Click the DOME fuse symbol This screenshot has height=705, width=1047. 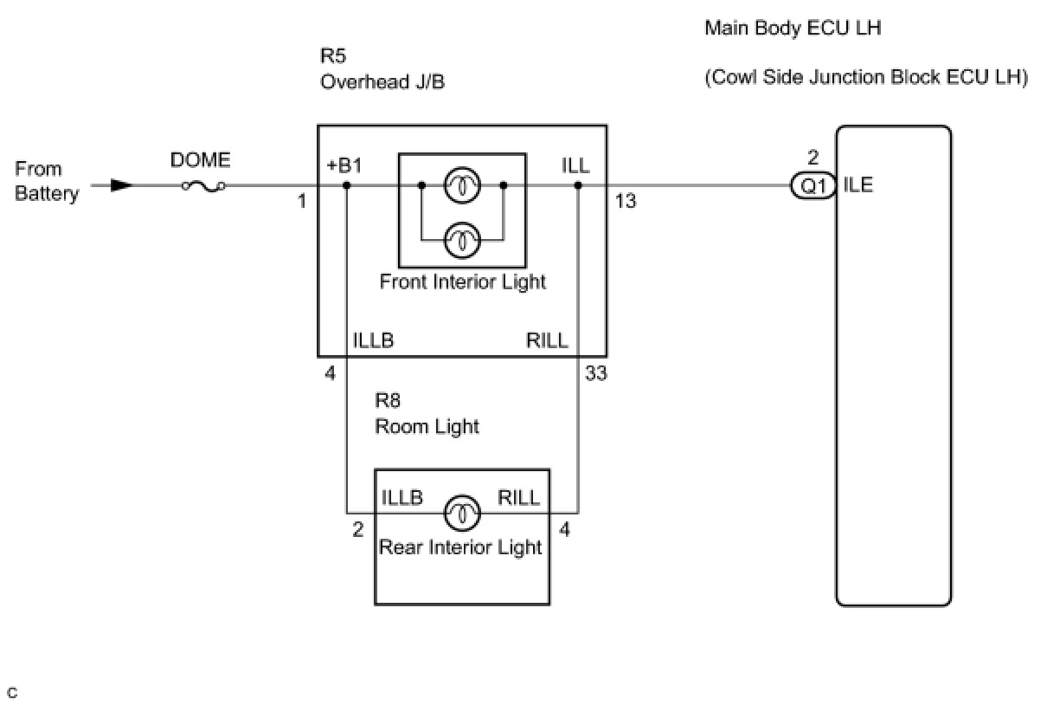point(203,184)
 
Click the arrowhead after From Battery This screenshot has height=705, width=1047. point(122,184)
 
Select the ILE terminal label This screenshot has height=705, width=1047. point(858,184)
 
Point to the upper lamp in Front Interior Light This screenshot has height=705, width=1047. point(462,184)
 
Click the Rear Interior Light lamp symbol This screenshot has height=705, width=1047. point(462,513)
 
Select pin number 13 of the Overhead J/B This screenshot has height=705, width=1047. point(626,201)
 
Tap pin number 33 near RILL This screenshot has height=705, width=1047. point(595,374)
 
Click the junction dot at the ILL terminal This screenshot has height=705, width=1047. point(578,184)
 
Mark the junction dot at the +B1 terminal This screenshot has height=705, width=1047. point(346,184)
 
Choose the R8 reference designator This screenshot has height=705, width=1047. point(388,401)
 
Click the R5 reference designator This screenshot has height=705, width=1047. point(333,56)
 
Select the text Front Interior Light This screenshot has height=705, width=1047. point(463,281)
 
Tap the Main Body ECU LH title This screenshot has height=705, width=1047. point(793,28)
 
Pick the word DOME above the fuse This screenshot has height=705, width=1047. point(201,160)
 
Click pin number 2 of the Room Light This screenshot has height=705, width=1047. point(358,529)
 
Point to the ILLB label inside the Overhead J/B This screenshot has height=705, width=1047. point(373,340)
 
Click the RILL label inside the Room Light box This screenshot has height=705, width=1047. point(519,497)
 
